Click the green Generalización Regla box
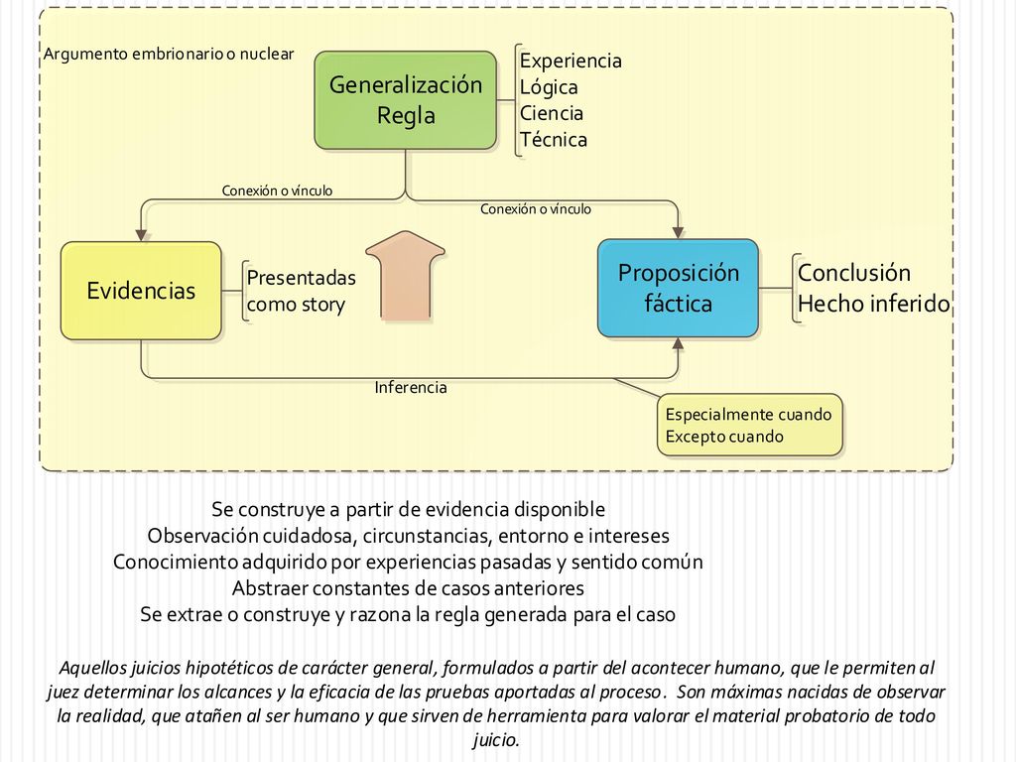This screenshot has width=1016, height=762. click(x=406, y=100)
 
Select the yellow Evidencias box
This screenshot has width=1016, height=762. click(x=141, y=291)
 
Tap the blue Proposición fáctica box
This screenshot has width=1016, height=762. click(x=678, y=289)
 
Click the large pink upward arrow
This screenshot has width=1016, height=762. click(x=406, y=276)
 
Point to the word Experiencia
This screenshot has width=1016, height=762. click(x=571, y=61)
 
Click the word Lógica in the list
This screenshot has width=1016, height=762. click(x=549, y=87)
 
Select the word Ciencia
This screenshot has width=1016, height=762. click(x=552, y=113)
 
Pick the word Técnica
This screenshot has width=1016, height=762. click(x=554, y=139)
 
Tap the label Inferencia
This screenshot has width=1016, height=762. click(x=411, y=388)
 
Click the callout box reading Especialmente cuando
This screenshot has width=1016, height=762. click(x=750, y=425)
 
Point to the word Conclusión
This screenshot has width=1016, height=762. click(x=854, y=273)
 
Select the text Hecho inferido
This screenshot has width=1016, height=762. click(x=873, y=304)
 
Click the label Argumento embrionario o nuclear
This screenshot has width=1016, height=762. click(x=169, y=54)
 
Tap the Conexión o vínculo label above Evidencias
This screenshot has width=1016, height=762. click(x=278, y=190)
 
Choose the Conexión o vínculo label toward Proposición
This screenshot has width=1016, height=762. click(x=536, y=209)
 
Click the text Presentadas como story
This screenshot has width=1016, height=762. click(x=302, y=291)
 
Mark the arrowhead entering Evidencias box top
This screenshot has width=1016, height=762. click(x=141, y=235)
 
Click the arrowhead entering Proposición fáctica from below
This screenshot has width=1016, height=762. click(x=678, y=343)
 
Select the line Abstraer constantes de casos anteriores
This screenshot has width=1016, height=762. click(x=408, y=588)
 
